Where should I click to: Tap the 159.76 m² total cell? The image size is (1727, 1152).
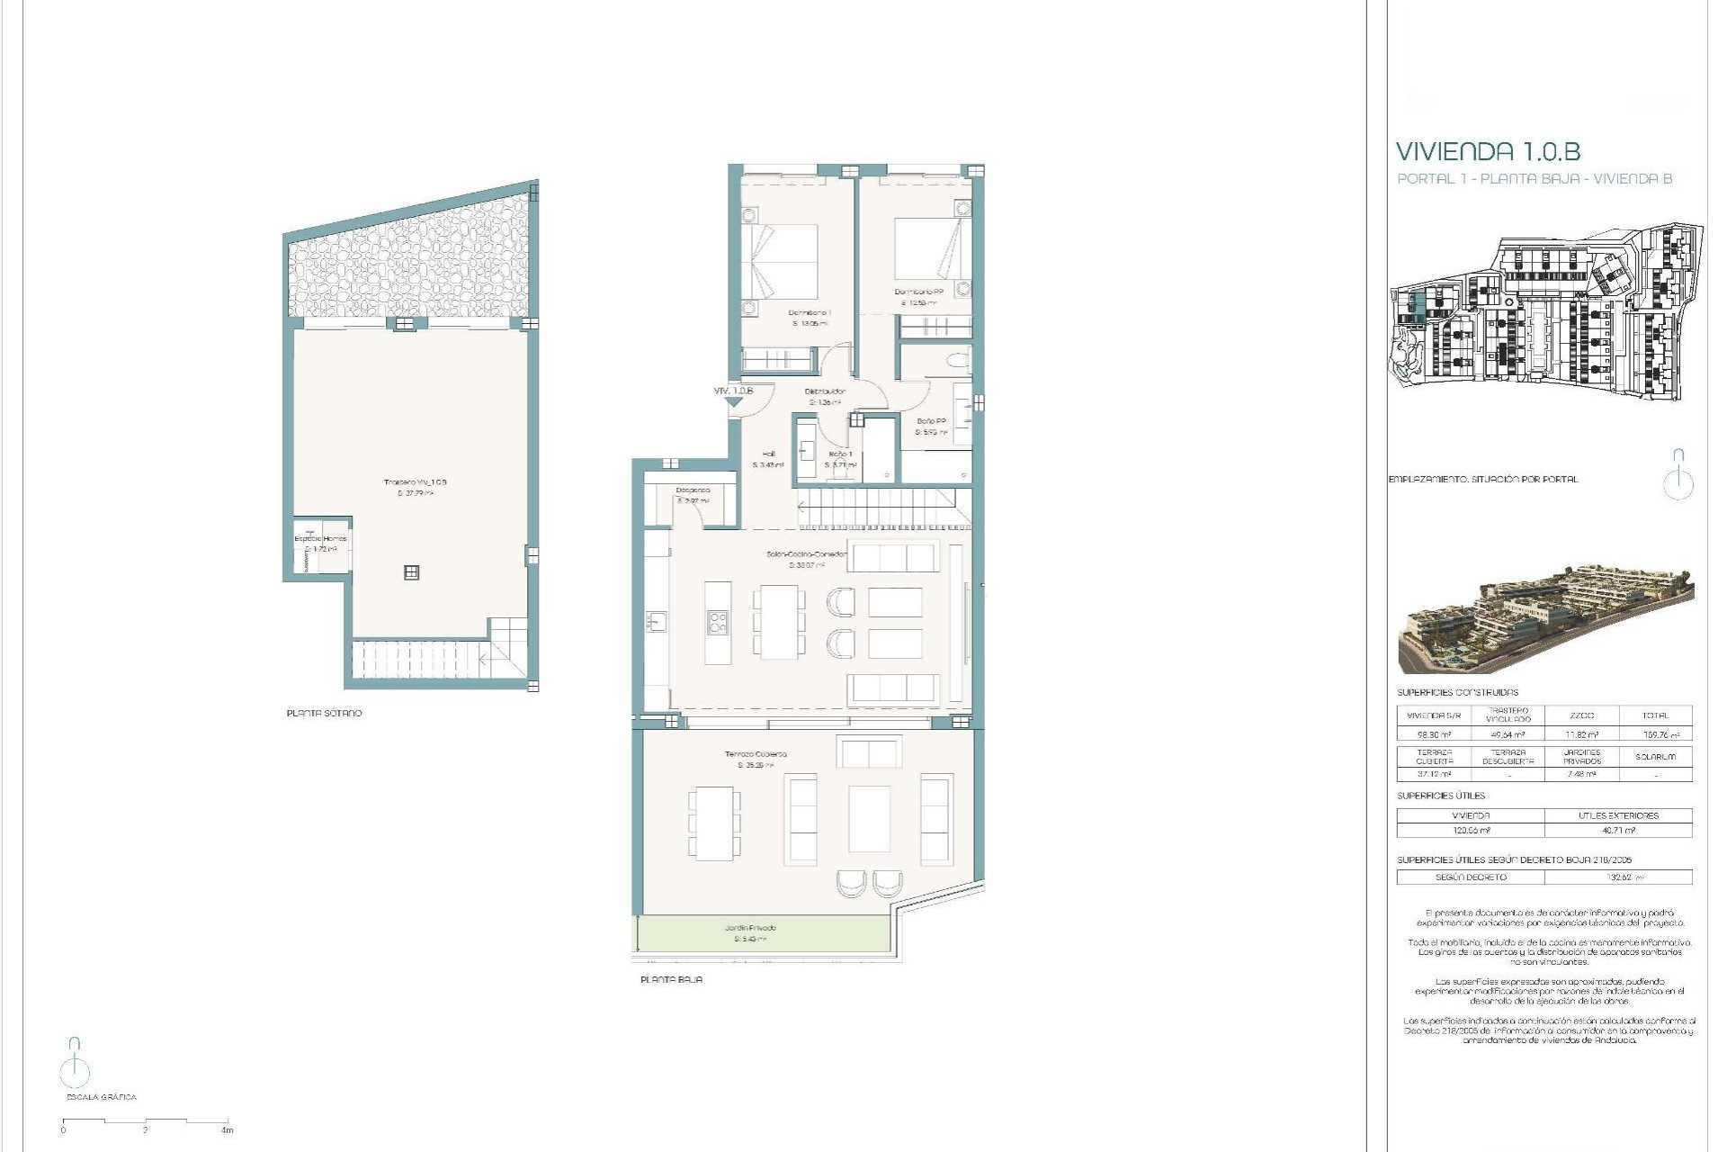click(1655, 734)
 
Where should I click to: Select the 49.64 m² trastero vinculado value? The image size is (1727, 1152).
click(1508, 734)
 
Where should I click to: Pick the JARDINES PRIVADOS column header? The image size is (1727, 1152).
click(1581, 756)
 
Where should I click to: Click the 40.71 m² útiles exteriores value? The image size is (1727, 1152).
click(1617, 830)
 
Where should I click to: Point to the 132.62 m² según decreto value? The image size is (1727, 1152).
click(1617, 877)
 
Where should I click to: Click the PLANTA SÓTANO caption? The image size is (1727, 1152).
click(324, 713)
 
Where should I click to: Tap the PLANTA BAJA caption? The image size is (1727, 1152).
click(671, 979)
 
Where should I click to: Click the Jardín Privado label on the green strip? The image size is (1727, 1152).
click(750, 928)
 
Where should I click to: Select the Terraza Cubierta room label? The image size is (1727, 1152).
click(756, 754)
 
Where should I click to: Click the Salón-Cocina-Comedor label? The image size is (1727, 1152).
click(806, 554)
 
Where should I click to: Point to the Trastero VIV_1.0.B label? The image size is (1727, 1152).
click(415, 482)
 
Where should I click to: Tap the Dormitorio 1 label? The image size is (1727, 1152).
click(810, 312)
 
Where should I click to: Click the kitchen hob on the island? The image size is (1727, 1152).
click(717, 621)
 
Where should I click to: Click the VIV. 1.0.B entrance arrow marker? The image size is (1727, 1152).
click(734, 402)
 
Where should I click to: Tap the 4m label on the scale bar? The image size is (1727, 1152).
click(228, 1130)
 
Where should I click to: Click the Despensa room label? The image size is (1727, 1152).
click(693, 490)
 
